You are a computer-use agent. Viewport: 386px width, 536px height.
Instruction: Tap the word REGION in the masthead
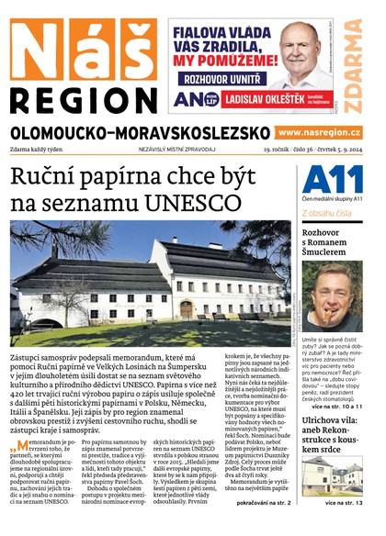[x=81, y=98]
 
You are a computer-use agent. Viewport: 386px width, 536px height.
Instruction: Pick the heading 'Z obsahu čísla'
[x=332, y=213]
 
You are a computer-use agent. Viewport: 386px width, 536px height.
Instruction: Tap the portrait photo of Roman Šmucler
[x=333, y=299]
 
